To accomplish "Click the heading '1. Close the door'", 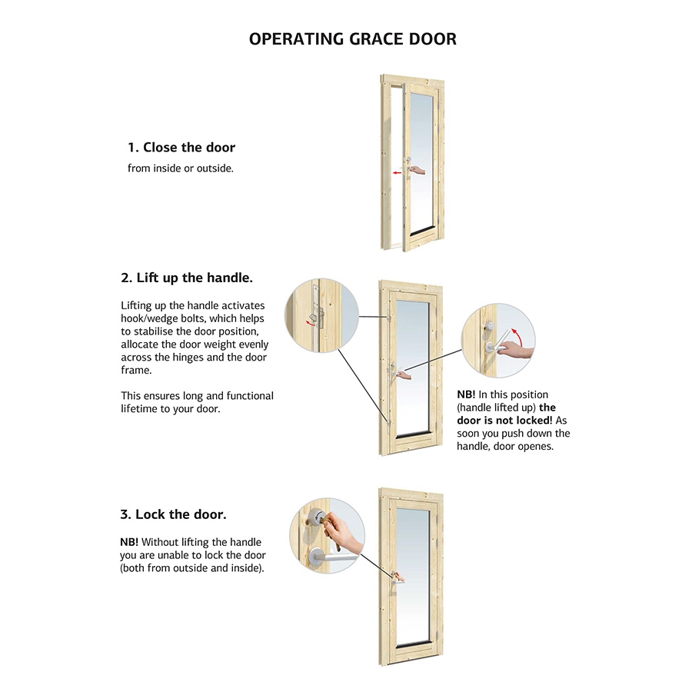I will (x=181, y=148).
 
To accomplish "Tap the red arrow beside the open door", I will (x=398, y=173).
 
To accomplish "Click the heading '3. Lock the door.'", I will (x=173, y=514).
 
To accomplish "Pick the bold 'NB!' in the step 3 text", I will (x=129, y=542).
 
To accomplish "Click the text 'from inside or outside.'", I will (x=180, y=168).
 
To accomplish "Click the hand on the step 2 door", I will (x=404, y=375).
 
